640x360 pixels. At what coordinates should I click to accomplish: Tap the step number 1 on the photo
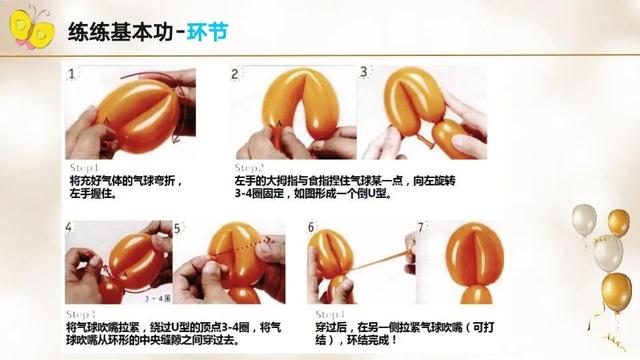[72, 75]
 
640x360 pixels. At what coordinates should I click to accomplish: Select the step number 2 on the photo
[235, 75]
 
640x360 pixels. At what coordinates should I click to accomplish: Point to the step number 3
[364, 72]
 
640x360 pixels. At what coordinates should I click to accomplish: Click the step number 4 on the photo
[70, 229]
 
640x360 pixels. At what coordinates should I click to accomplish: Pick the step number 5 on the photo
[177, 229]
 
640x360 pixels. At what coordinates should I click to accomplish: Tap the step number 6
[311, 229]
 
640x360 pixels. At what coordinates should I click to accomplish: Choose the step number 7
[421, 229]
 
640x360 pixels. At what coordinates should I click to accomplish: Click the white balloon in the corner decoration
[607, 253]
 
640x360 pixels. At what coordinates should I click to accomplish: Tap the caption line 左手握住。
[93, 194]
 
